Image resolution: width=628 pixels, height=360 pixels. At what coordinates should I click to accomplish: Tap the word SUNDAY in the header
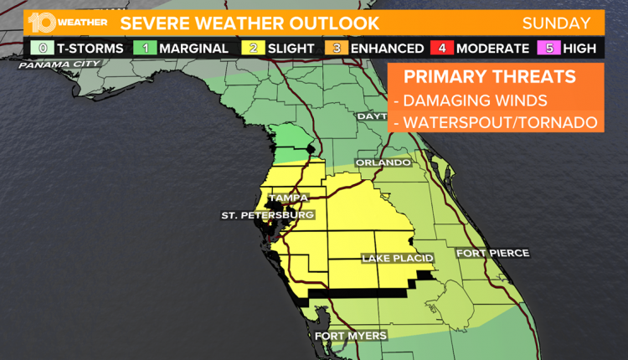pyautogui.click(x=556, y=23)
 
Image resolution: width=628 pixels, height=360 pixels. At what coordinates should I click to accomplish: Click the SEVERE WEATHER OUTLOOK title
pyautogui.click(x=249, y=23)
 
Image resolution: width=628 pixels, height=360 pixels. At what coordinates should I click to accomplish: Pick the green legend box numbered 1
pyautogui.click(x=146, y=49)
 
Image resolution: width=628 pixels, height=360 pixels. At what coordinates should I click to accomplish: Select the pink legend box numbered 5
pyautogui.click(x=550, y=49)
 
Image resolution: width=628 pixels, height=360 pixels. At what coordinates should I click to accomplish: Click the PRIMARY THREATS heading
pyautogui.click(x=489, y=78)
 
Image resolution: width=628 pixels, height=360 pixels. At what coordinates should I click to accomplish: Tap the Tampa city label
pyautogui.click(x=288, y=198)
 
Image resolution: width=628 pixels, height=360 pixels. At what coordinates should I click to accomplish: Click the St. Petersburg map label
pyautogui.click(x=267, y=215)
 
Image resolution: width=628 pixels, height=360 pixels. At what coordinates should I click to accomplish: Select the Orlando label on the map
pyautogui.click(x=383, y=162)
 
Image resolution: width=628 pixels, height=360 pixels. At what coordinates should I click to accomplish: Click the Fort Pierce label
pyautogui.click(x=492, y=252)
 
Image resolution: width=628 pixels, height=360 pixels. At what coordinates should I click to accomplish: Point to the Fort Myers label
pyautogui.click(x=350, y=336)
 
